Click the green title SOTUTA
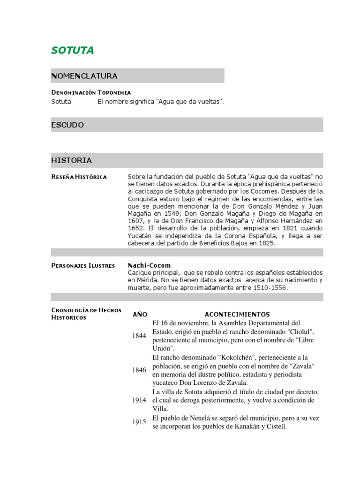73,51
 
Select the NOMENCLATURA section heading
84,76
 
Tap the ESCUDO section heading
67,125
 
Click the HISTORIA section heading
71,160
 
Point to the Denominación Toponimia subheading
91,92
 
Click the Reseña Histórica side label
79,177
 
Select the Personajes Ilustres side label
83,266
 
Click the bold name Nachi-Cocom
150,265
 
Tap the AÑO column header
140,315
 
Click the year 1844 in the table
139,336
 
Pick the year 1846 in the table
139,370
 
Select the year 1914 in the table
139,400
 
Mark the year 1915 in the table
139,422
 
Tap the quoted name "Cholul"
299,332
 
